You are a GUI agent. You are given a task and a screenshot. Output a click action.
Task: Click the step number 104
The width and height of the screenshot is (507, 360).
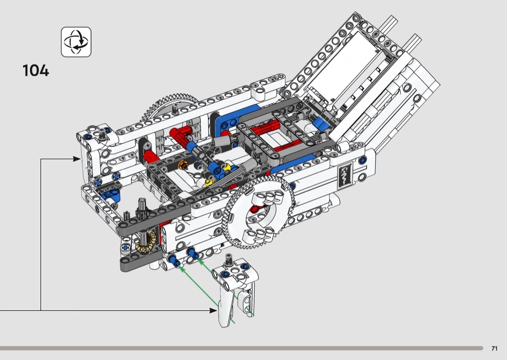click(x=36, y=70)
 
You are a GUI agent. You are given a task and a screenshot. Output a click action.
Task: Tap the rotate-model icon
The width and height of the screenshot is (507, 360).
click(x=76, y=42)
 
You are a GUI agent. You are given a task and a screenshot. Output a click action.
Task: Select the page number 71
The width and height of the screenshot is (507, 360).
click(x=494, y=348)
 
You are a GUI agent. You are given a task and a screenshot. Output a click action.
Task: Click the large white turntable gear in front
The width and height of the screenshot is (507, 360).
click(x=259, y=211)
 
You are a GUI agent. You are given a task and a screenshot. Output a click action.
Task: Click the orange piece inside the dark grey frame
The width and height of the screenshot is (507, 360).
click(x=183, y=166)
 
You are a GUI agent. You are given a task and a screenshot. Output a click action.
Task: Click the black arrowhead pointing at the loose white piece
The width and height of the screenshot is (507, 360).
click(x=213, y=310)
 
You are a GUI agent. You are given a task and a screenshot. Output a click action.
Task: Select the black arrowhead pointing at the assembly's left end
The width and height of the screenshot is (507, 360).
click(x=77, y=159)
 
